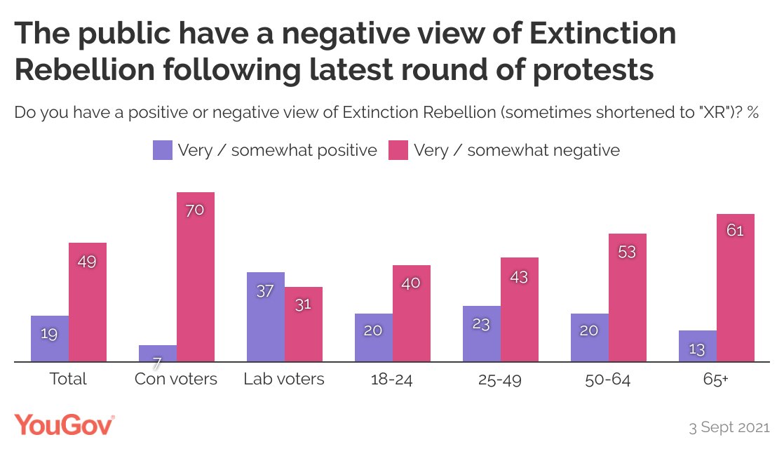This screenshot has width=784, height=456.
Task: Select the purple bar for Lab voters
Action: [x=265, y=317]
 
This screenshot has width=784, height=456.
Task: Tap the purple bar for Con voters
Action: [x=158, y=354]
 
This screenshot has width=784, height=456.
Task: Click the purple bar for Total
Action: [x=50, y=339]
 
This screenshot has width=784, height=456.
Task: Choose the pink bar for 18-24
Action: [x=412, y=314]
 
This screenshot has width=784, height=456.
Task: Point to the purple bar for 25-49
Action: [x=482, y=334]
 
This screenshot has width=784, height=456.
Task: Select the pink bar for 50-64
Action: [x=628, y=298]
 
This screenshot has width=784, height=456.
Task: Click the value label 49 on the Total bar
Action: [x=88, y=262]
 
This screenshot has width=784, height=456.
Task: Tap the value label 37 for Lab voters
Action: [x=265, y=291]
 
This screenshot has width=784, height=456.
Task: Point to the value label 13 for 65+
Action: [x=697, y=349]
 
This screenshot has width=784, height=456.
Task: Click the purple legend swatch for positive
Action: [x=162, y=150]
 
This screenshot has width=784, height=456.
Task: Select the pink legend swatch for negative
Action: [x=398, y=150]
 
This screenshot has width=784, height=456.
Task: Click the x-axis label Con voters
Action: [x=176, y=380]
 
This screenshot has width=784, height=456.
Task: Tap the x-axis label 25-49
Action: [x=500, y=380]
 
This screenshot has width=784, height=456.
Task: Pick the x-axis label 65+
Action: [x=716, y=380]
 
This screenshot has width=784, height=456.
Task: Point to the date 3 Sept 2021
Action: [x=729, y=427]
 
